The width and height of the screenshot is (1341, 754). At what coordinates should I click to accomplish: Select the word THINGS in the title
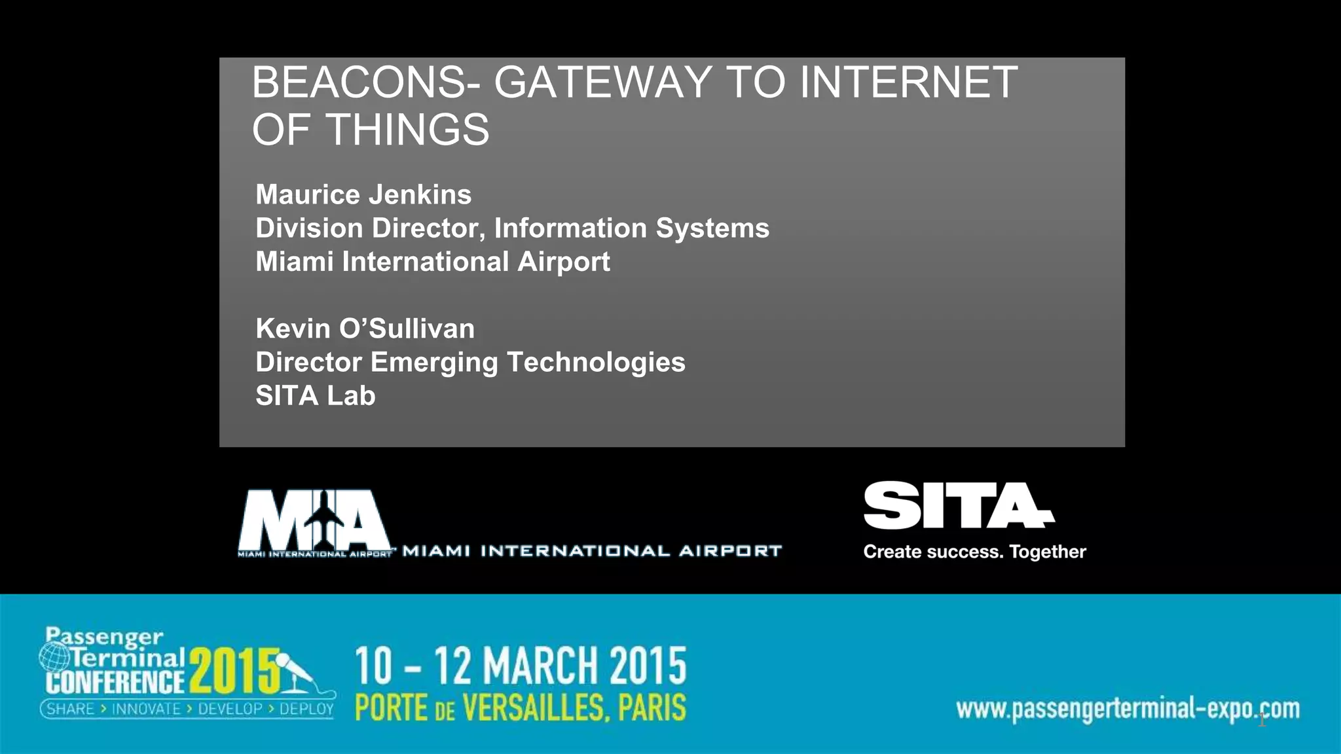tap(407, 130)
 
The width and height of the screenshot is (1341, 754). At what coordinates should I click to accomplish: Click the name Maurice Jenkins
tap(363, 194)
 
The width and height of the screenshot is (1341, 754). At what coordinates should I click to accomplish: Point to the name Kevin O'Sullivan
tap(365, 329)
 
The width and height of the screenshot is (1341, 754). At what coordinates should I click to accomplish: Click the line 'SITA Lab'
tap(315, 395)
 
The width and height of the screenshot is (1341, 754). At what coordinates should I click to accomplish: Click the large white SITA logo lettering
tap(957, 505)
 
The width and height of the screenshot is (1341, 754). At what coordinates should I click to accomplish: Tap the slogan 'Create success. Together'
tap(974, 552)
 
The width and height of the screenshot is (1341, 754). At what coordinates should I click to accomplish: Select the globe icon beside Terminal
tap(54, 656)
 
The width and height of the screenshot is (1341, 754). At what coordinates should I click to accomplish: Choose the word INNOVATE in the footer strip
tap(146, 709)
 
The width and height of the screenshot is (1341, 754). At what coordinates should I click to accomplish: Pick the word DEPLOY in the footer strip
tap(306, 709)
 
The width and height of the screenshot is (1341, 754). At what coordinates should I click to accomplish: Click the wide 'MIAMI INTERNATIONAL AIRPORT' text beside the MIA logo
tap(592, 551)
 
